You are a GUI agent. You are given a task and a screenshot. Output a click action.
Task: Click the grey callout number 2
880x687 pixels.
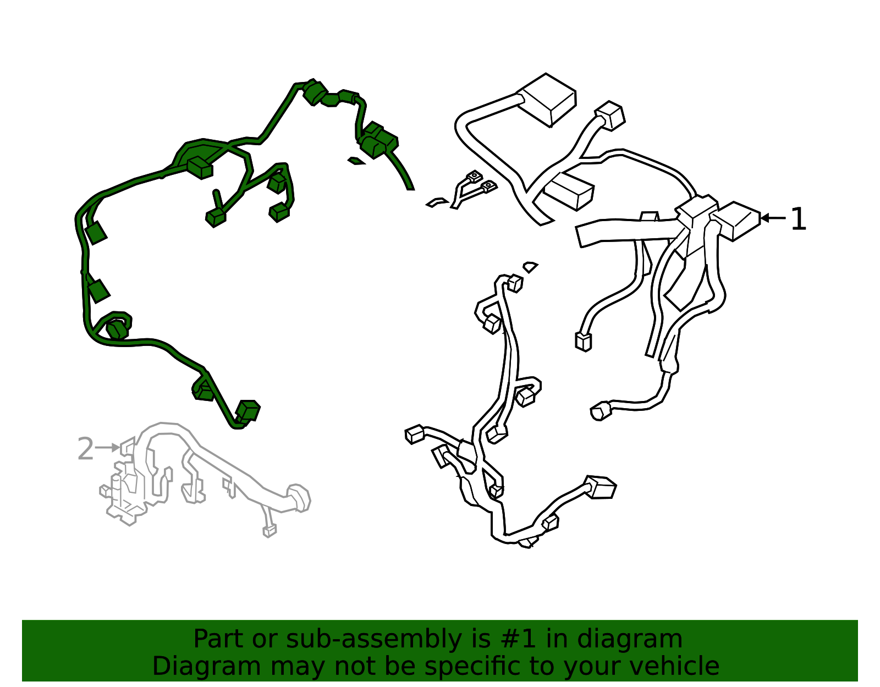[85, 448]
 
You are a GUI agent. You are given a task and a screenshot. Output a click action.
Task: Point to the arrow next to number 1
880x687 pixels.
[773, 218]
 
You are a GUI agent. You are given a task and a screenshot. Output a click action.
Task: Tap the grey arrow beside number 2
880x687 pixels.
[107, 447]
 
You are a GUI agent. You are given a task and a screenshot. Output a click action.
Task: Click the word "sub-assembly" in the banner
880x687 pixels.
[373, 639]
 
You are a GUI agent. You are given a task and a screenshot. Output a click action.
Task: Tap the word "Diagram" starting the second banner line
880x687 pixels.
[207, 666]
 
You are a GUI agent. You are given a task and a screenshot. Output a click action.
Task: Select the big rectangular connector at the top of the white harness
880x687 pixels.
[547, 100]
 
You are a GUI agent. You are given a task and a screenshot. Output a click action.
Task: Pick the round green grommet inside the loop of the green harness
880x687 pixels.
[118, 329]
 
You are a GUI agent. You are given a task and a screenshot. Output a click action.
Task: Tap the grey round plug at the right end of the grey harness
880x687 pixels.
[299, 498]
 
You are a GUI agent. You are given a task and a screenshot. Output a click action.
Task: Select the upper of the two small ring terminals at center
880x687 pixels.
[475, 177]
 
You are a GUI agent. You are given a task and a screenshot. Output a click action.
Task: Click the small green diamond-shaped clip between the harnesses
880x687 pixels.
[356, 161]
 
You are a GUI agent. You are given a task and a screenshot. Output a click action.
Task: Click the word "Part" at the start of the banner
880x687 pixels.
[218, 639]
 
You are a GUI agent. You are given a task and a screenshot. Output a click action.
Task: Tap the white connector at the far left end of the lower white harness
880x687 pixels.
[414, 435]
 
